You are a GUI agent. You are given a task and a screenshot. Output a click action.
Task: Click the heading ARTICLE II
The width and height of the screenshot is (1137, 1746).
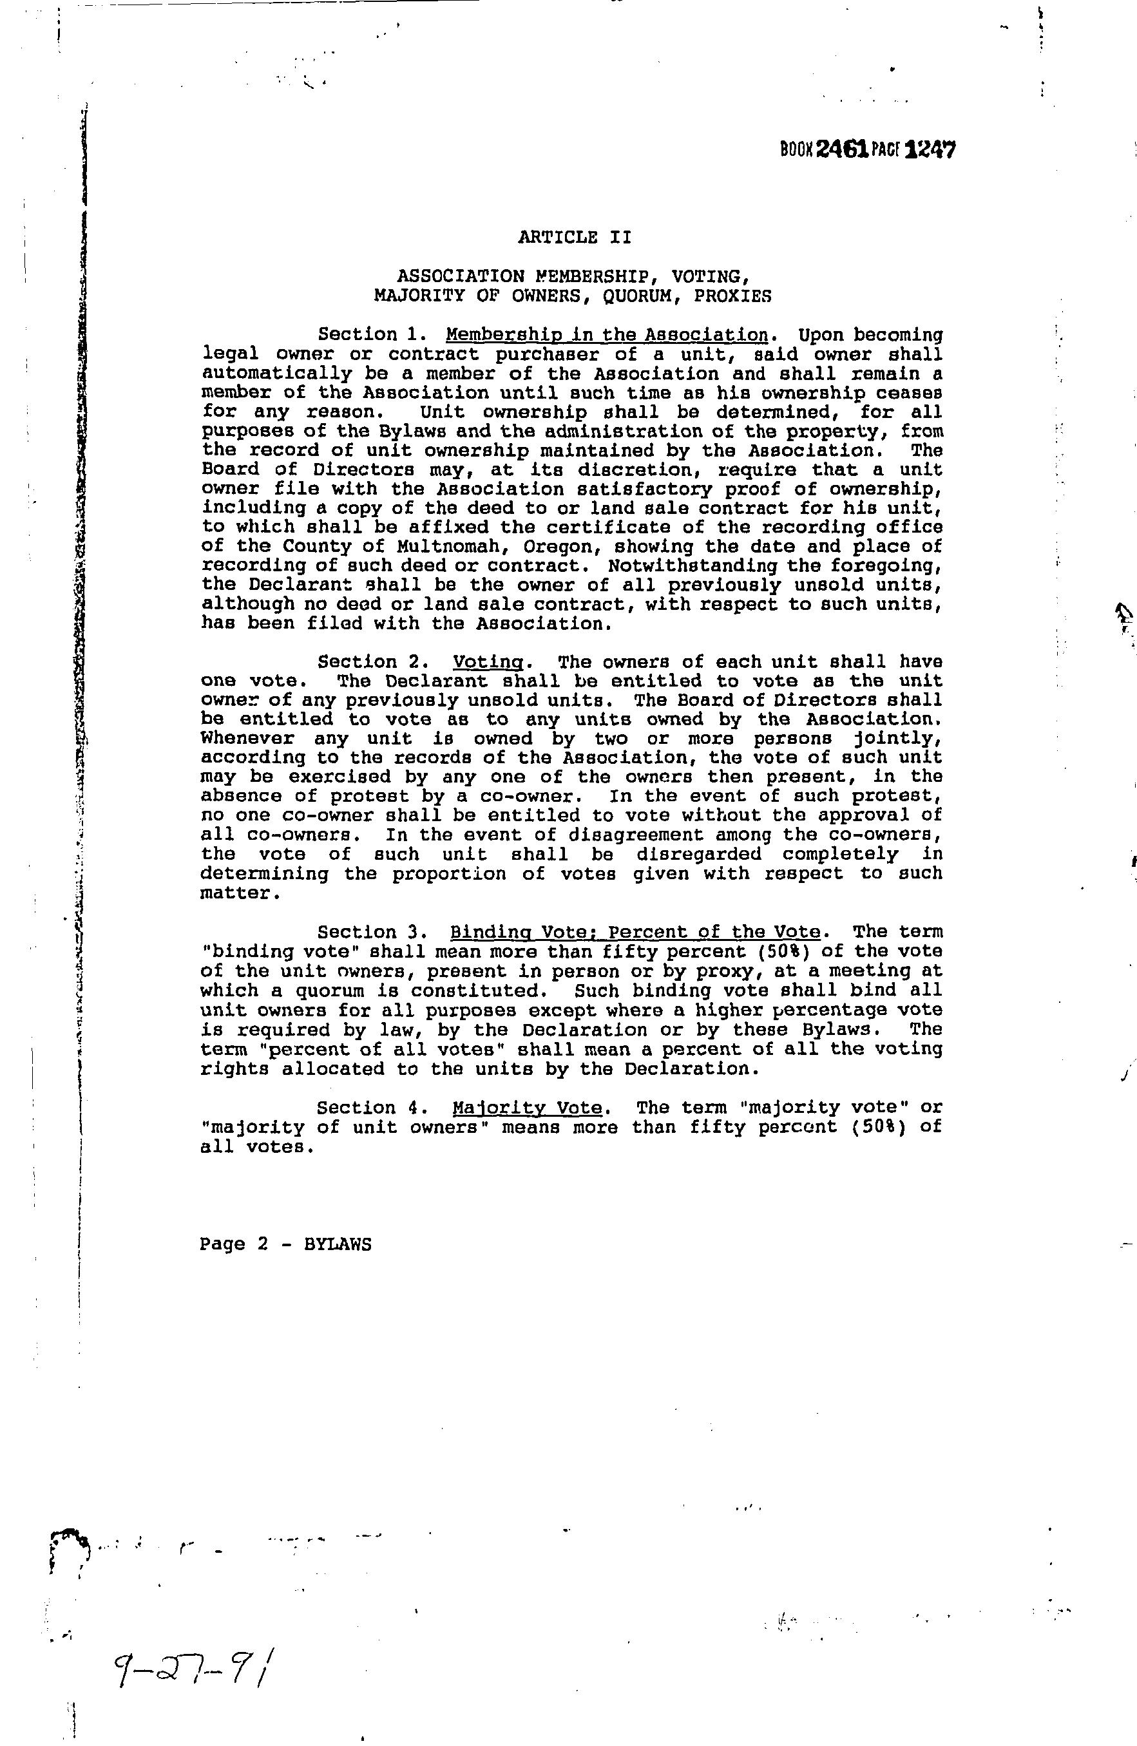tap(575, 237)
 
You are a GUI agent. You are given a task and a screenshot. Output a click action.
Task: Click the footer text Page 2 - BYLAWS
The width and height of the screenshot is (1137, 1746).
tap(285, 1244)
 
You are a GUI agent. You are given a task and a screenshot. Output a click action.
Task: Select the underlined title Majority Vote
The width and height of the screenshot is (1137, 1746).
tap(527, 1107)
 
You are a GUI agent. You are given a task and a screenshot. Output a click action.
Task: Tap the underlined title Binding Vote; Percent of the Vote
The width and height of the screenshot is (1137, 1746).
tap(635, 932)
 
